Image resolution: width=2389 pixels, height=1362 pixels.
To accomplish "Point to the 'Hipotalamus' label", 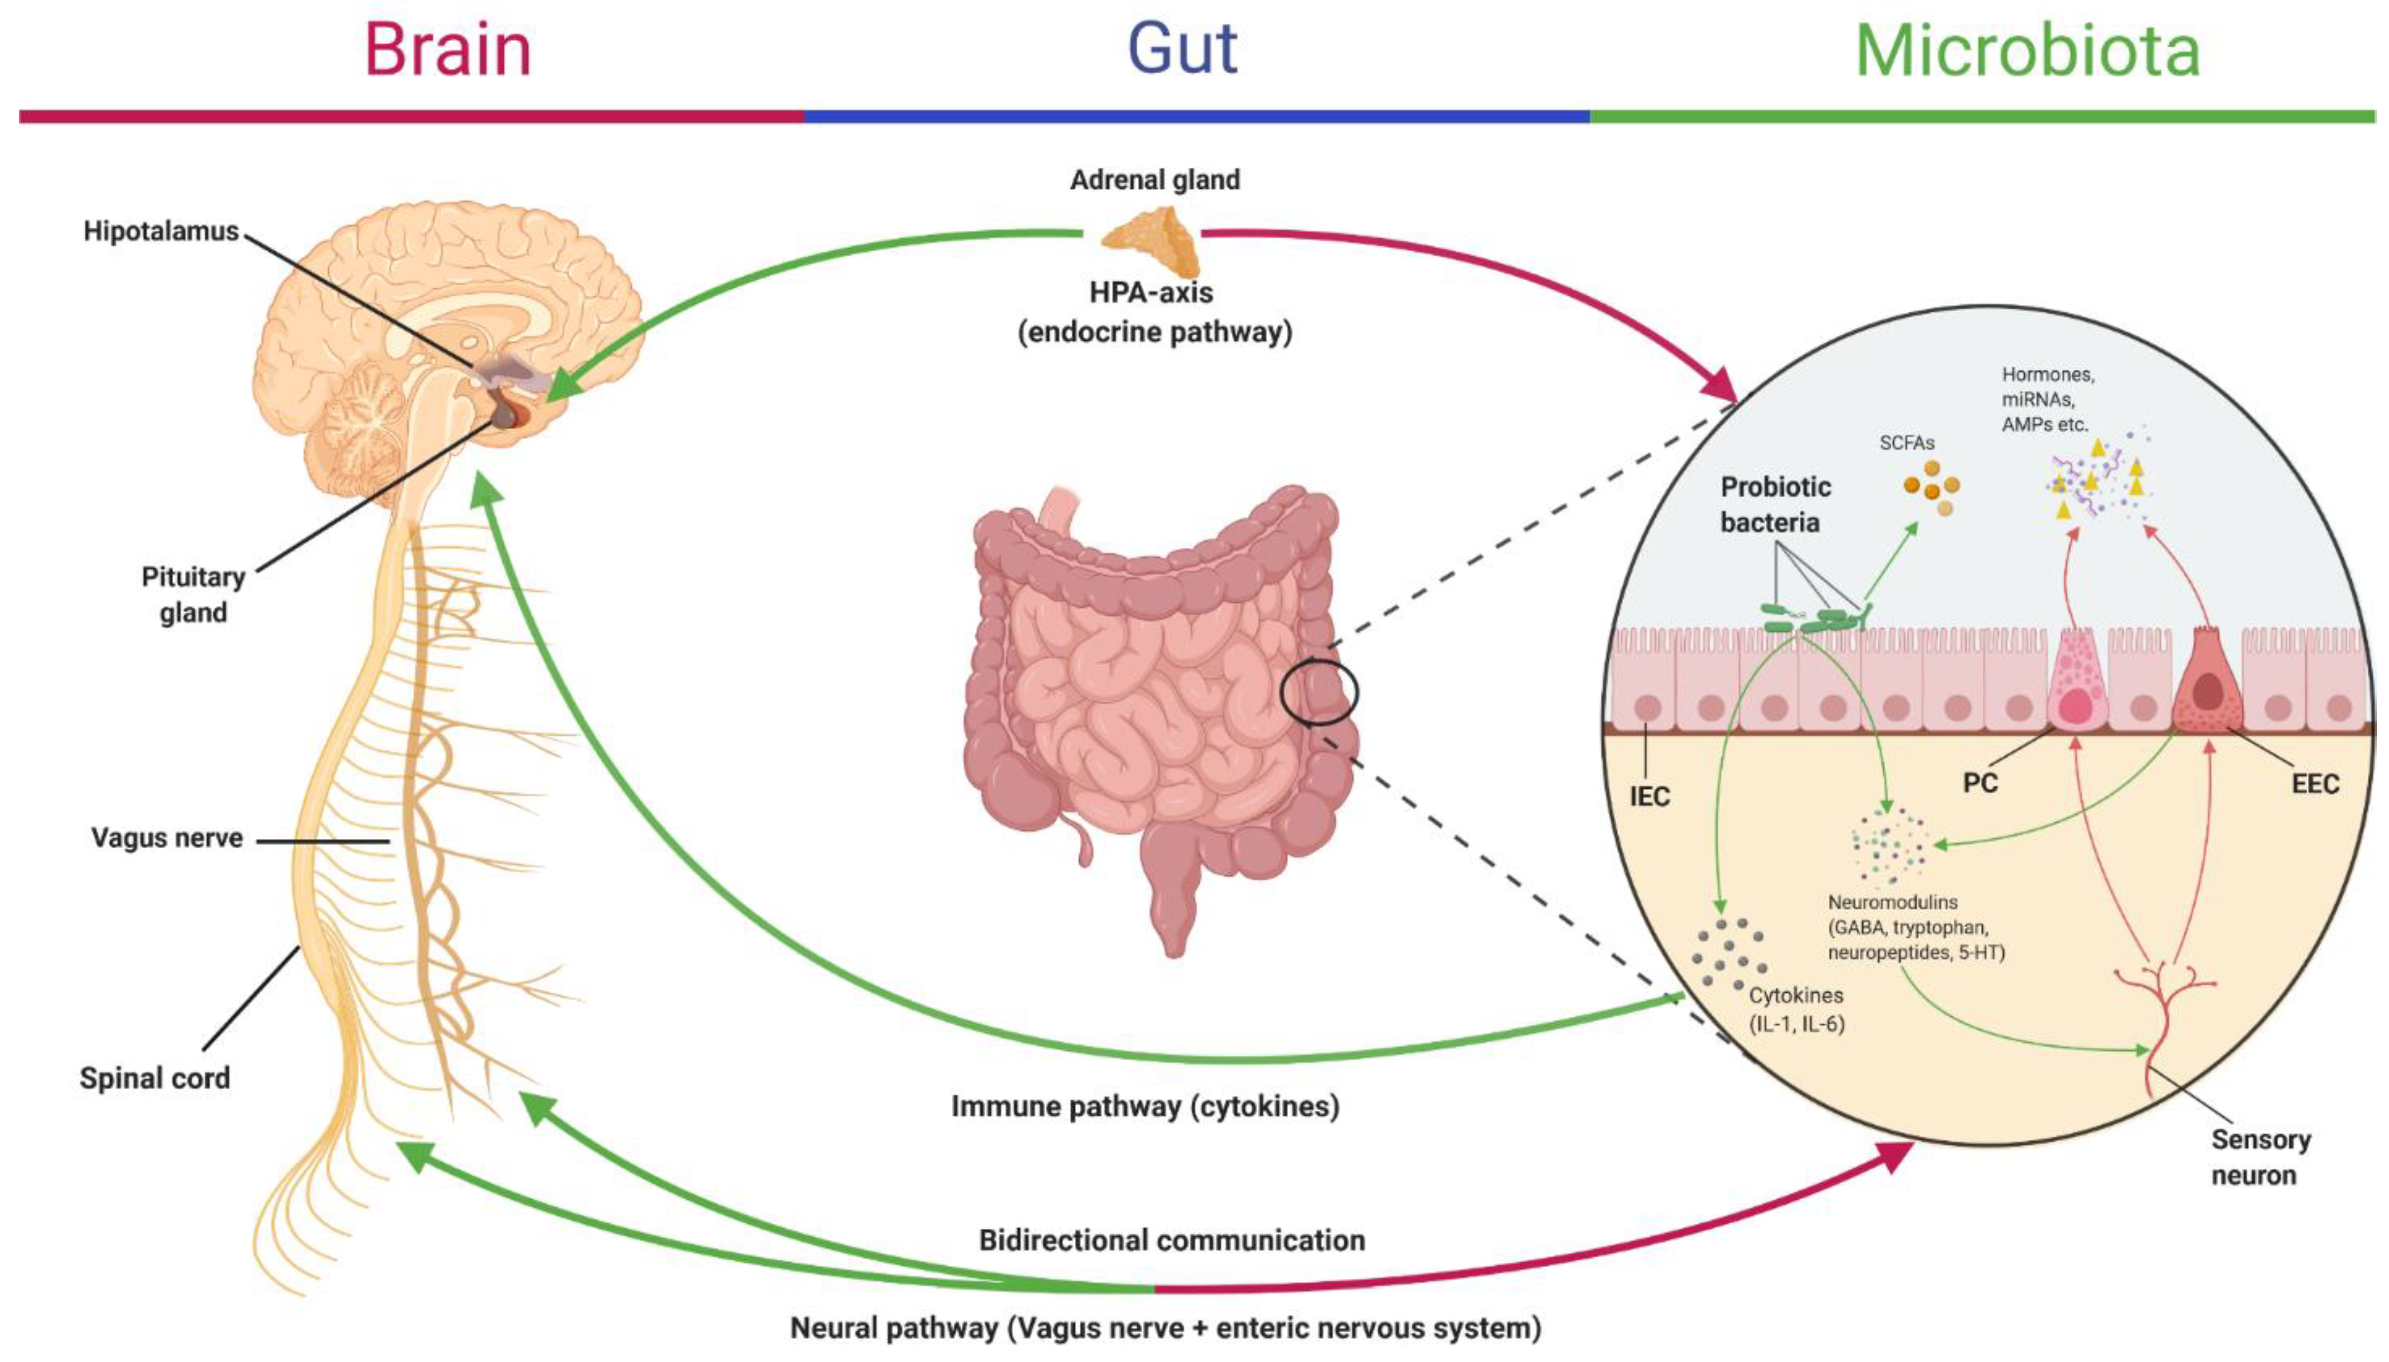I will pyautogui.click(x=161, y=231).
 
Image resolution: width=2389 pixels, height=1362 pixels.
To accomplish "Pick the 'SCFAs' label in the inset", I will pyautogui.click(x=1906, y=442).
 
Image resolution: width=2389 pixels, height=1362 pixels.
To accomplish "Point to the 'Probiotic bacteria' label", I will pyautogui.click(x=1774, y=504).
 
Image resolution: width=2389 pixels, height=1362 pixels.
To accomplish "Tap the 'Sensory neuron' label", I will pyautogui.click(x=2260, y=1157).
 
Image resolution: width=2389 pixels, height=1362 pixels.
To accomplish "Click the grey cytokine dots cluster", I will pyautogui.click(x=1728, y=952).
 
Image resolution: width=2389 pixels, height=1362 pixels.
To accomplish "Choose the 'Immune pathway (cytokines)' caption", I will pyautogui.click(x=1145, y=1107).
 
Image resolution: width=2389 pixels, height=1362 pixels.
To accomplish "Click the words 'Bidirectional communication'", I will pyautogui.click(x=1172, y=1240).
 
